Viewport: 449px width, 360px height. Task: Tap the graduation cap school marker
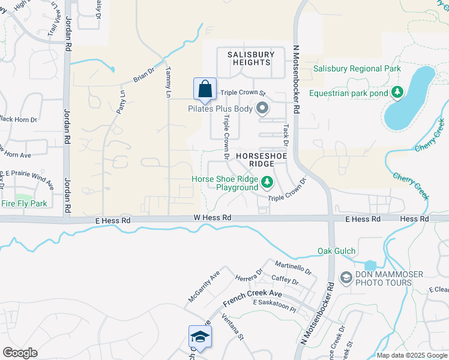pos(200,336)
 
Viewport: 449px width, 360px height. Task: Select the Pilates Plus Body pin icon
pos(262,109)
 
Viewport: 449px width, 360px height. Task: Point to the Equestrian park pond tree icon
pos(396,92)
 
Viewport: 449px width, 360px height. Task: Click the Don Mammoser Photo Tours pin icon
pos(346,277)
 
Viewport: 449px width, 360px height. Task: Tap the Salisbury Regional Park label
pos(357,69)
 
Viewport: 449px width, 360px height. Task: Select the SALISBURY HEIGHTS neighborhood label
pos(251,58)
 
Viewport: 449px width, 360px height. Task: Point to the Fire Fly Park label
pos(23,204)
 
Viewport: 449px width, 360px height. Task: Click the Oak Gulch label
pos(337,251)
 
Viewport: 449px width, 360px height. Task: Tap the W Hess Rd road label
pos(212,218)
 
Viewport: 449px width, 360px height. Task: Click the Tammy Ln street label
pos(169,82)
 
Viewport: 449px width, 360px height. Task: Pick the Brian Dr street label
pos(144,74)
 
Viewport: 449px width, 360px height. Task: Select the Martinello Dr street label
pos(293,268)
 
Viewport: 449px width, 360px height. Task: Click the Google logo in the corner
pos(20,353)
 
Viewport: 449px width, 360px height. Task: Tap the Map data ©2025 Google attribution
pos(412,355)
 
